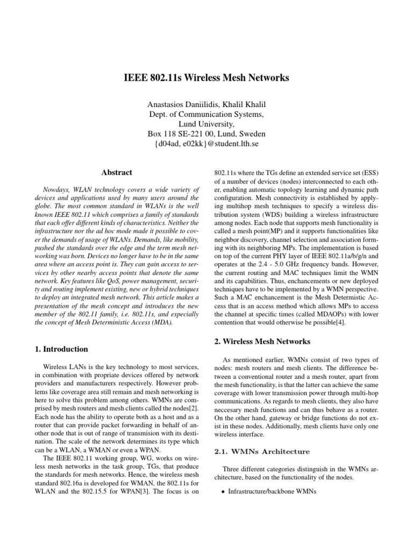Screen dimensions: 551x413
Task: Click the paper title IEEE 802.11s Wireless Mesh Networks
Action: pyautogui.click(x=206, y=78)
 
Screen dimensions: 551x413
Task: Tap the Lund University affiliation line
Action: pyautogui.click(x=206, y=123)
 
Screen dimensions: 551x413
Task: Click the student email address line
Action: pyautogui.click(x=206, y=143)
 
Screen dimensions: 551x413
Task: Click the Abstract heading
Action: pyautogui.click(x=117, y=173)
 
